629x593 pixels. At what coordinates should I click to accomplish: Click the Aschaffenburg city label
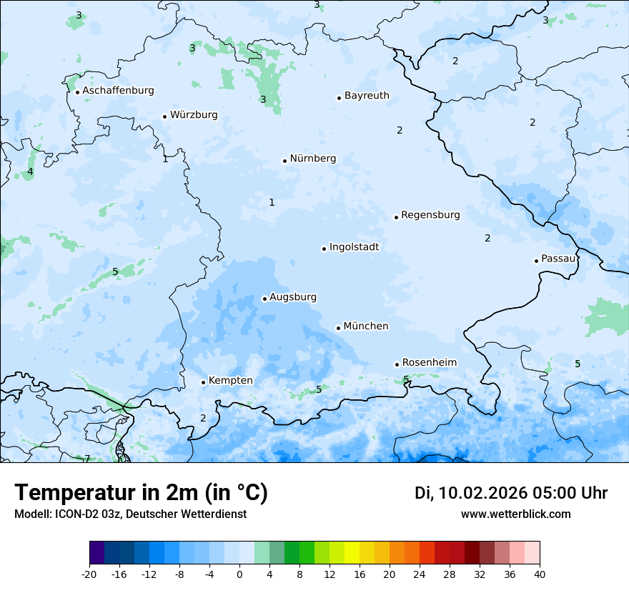pyautogui.click(x=118, y=91)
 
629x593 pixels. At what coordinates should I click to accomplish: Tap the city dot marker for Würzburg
pyautogui.click(x=164, y=116)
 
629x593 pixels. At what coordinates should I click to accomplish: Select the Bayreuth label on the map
pyautogui.click(x=367, y=96)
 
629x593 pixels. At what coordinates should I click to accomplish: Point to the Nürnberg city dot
pyautogui.click(x=284, y=161)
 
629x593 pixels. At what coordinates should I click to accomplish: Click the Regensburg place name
pyautogui.click(x=430, y=215)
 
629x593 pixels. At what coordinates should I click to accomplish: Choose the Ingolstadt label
pyautogui.click(x=354, y=247)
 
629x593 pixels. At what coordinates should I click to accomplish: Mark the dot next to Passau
pyautogui.click(x=536, y=261)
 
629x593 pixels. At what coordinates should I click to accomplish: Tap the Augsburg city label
pyautogui.click(x=293, y=297)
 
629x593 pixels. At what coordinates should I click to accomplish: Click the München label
pyautogui.click(x=366, y=327)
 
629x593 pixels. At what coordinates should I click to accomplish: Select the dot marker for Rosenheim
pyautogui.click(x=397, y=364)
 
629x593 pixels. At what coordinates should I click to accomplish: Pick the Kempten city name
pyautogui.click(x=230, y=381)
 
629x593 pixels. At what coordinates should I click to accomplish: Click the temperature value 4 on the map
pyautogui.click(x=30, y=171)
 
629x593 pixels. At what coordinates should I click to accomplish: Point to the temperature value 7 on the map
pyautogui.click(x=87, y=459)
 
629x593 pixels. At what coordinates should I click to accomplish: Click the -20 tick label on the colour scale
pyautogui.click(x=89, y=574)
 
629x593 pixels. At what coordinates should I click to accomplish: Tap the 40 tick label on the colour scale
pyautogui.click(x=540, y=574)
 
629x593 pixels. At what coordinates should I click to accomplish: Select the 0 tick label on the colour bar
pyautogui.click(x=239, y=574)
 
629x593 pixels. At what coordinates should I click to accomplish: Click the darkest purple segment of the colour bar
pyautogui.click(x=96, y=553)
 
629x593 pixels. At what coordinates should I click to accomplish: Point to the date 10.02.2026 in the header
pyautogui.click(x=482, y=493)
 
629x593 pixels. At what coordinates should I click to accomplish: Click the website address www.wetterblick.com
pyautogui.click(x=515, y=514)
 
